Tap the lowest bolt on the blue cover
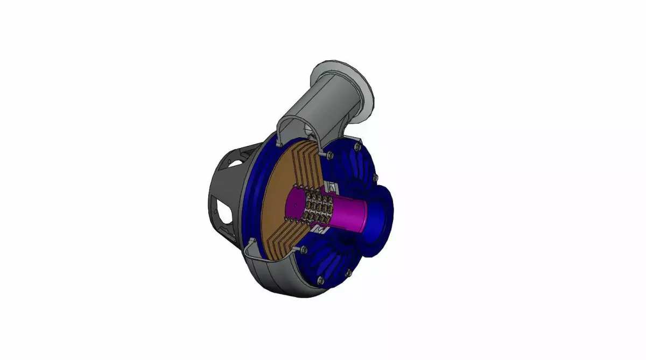[320, 279]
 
